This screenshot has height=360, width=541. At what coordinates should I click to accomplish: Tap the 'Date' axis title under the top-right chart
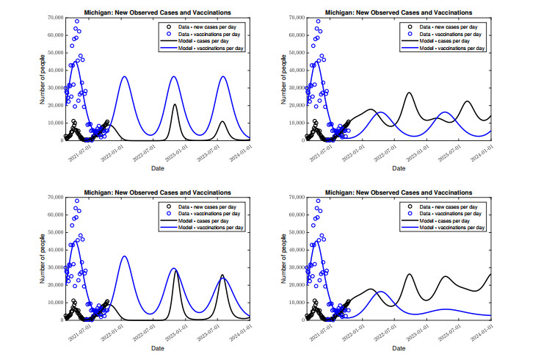(398, 168)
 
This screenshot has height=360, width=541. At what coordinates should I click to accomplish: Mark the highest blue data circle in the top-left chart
(77, 21)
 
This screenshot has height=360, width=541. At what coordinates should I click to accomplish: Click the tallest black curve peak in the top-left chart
(175, 104)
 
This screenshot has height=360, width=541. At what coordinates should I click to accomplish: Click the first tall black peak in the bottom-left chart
(175, 270)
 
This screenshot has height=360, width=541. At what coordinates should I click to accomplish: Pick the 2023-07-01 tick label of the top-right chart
(445, 155)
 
